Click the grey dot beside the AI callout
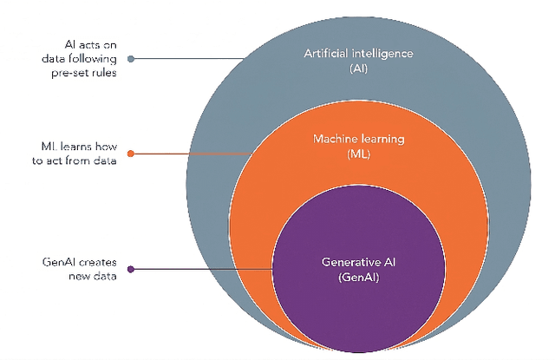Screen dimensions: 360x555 pos(130,59)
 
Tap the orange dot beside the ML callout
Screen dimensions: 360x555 pos(130,154)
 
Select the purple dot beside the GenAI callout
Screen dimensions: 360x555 pos(130,269)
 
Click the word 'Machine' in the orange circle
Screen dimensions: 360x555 pos(336,139)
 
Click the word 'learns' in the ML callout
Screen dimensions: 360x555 pos(75,147)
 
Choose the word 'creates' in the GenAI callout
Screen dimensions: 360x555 pos(95,261)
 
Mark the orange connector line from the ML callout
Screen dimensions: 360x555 pos(191,154)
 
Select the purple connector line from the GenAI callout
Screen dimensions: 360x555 pos(204,269)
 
